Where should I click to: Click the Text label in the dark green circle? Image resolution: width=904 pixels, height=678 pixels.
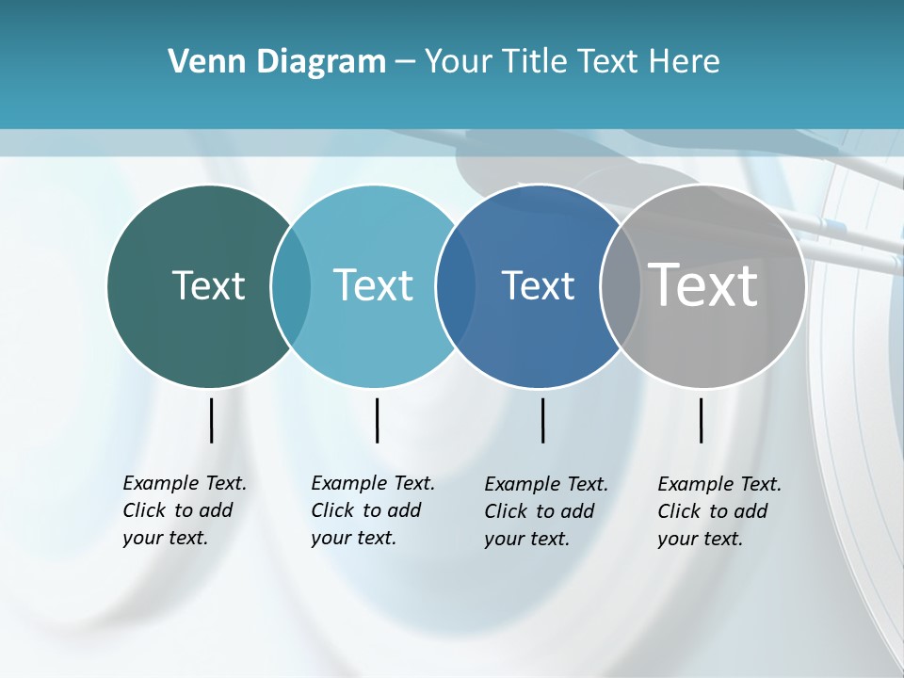point(208,285)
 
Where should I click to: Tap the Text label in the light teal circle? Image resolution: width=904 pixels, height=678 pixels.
point(374,285)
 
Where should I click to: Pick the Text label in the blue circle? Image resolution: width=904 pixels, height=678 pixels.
point(538,285)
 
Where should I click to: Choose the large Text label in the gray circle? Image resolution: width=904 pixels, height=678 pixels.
point(703,285)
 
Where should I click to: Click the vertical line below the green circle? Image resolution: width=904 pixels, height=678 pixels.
point(212,420)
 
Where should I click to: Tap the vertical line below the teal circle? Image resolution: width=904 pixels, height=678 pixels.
point(377,420)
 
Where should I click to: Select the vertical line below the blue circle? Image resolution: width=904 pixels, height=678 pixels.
point(542,420)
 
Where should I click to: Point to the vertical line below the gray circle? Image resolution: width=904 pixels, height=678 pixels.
point(701,420)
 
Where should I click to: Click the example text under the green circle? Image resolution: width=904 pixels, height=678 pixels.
point(184,510)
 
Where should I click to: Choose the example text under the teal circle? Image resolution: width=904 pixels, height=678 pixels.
point(372,510)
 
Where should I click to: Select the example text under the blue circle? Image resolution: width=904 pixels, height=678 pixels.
point(545,511)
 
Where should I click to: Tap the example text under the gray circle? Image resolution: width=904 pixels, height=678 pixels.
point(718,511)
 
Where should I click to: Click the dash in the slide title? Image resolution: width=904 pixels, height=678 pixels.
point(405,63)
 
